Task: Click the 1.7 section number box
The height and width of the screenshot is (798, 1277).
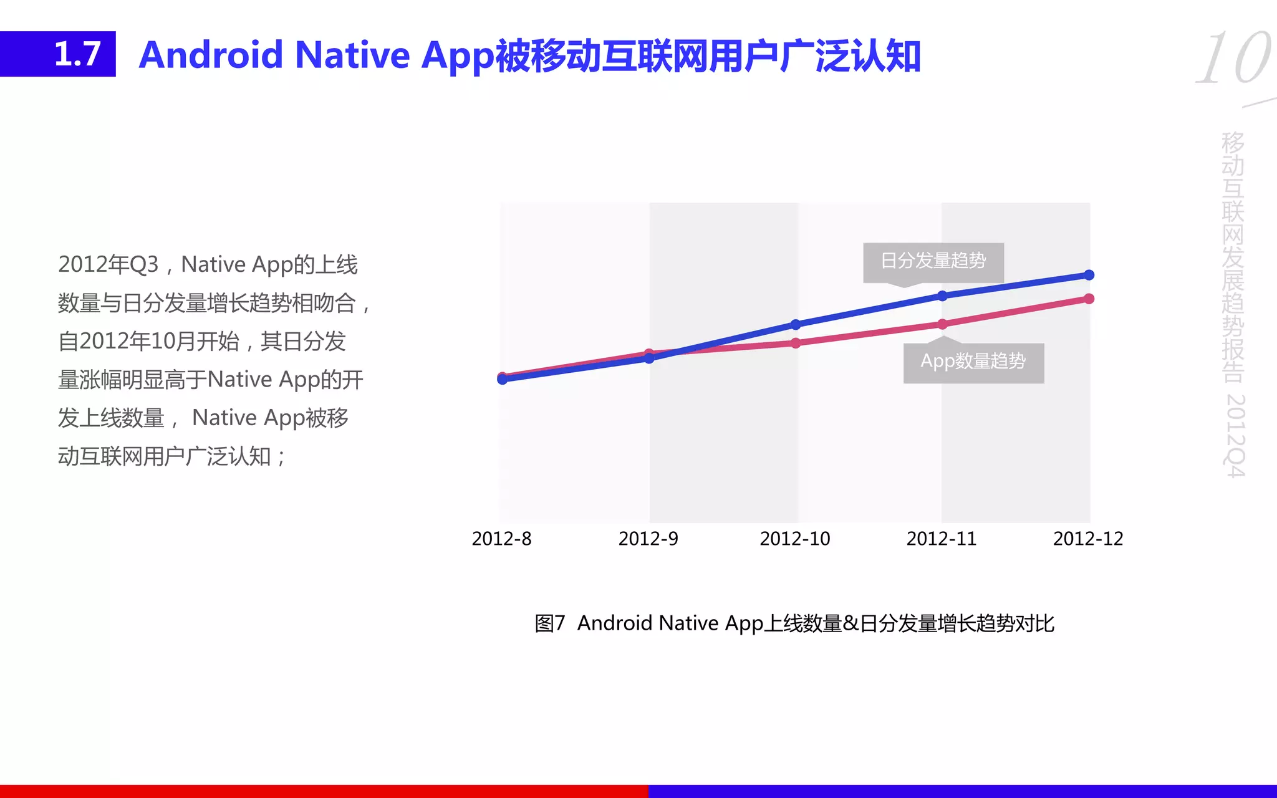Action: (58, 54)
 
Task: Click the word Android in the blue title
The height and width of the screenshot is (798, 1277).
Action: (211, 55)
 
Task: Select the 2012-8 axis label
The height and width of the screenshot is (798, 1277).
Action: (501, 539)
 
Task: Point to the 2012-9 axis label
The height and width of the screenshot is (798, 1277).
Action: (648, 539)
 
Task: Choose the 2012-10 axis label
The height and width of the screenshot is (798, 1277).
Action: (795, 539)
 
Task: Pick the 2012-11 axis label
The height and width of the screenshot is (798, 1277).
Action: (942, 539)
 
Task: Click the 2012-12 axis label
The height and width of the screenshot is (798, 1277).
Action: (1088, 539)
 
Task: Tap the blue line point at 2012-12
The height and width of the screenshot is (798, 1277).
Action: (1089, 275)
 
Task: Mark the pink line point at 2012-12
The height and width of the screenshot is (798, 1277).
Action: (1089, 299)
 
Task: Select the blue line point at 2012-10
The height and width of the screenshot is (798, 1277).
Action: (796, 324)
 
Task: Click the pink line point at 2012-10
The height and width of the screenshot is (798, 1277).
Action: (796, 343)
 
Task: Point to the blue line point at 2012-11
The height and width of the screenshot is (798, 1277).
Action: (942, 296)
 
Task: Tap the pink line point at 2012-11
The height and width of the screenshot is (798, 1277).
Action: (942, 324)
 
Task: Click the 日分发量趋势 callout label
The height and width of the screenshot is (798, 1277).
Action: (933, 261)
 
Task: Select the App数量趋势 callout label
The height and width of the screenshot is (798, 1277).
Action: (973, 362)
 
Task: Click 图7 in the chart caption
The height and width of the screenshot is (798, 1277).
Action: (549, 623)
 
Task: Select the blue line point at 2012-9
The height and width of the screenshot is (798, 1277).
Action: (649, 358)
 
